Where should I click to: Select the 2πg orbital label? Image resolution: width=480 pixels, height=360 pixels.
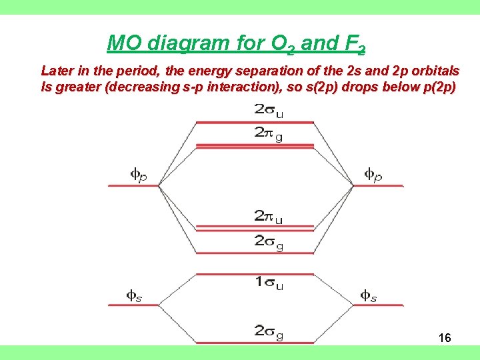pyautogui.click(x=268, y=133)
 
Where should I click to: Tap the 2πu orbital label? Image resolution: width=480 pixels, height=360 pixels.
pyautogui.click(x=268, y=217)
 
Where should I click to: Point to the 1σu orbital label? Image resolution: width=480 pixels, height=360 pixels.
pyautogui.click(x=268, y=283)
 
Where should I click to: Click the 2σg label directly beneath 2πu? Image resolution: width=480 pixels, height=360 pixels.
pyautogui.click(x=268, y=242)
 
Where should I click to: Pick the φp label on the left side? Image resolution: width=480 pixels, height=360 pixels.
pyautogui.click(x=138, y=175)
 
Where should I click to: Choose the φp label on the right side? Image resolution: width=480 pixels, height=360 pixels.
pyautogui.click(x=373, y=175)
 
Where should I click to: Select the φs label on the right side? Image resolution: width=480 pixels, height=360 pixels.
pyautogui.click(x=369, y=295)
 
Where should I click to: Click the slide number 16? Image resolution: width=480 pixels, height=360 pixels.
pyautogui.click(x=445, y=338)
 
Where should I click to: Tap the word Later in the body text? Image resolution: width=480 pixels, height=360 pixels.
pyautogui.click(x=57, y=71)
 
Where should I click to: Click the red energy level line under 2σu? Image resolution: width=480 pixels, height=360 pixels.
pyautogui.click(x=254, y=123)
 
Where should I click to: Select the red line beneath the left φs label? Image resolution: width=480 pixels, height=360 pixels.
pyautogui.click(x=134, y=305)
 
